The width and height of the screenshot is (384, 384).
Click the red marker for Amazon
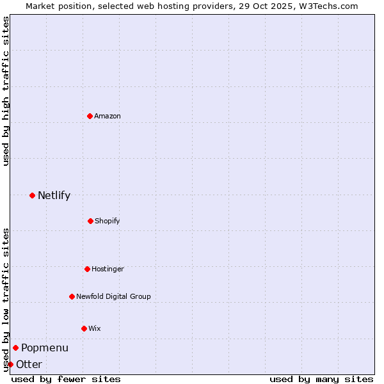click(90, 116)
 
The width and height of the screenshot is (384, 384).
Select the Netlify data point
click(32, 195)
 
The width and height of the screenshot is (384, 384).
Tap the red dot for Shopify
click(90, 221)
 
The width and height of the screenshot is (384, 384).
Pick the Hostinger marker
click(87, 269)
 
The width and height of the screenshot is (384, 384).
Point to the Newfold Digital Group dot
click(72, 296)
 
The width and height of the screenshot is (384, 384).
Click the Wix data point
click(84, 328)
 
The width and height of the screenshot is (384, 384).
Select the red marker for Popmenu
click(15, 348)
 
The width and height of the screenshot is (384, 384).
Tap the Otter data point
click(10, 364)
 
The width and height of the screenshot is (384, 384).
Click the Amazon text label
click(108, 116)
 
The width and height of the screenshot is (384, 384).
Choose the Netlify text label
click(54, 195)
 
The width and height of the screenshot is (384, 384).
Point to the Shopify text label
click(108, 221)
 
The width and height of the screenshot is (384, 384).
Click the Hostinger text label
click(108, 269)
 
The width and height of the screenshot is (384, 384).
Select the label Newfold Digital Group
click(113, 296)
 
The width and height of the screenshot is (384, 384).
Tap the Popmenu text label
click(45, 348)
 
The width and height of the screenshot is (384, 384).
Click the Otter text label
click(29, 364)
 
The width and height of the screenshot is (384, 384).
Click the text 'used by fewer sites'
click(66, 379)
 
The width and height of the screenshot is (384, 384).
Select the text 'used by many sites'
click(321, 379)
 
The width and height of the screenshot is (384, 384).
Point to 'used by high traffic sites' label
click(6, 91)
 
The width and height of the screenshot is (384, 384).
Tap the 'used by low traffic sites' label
click(6, 300)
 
